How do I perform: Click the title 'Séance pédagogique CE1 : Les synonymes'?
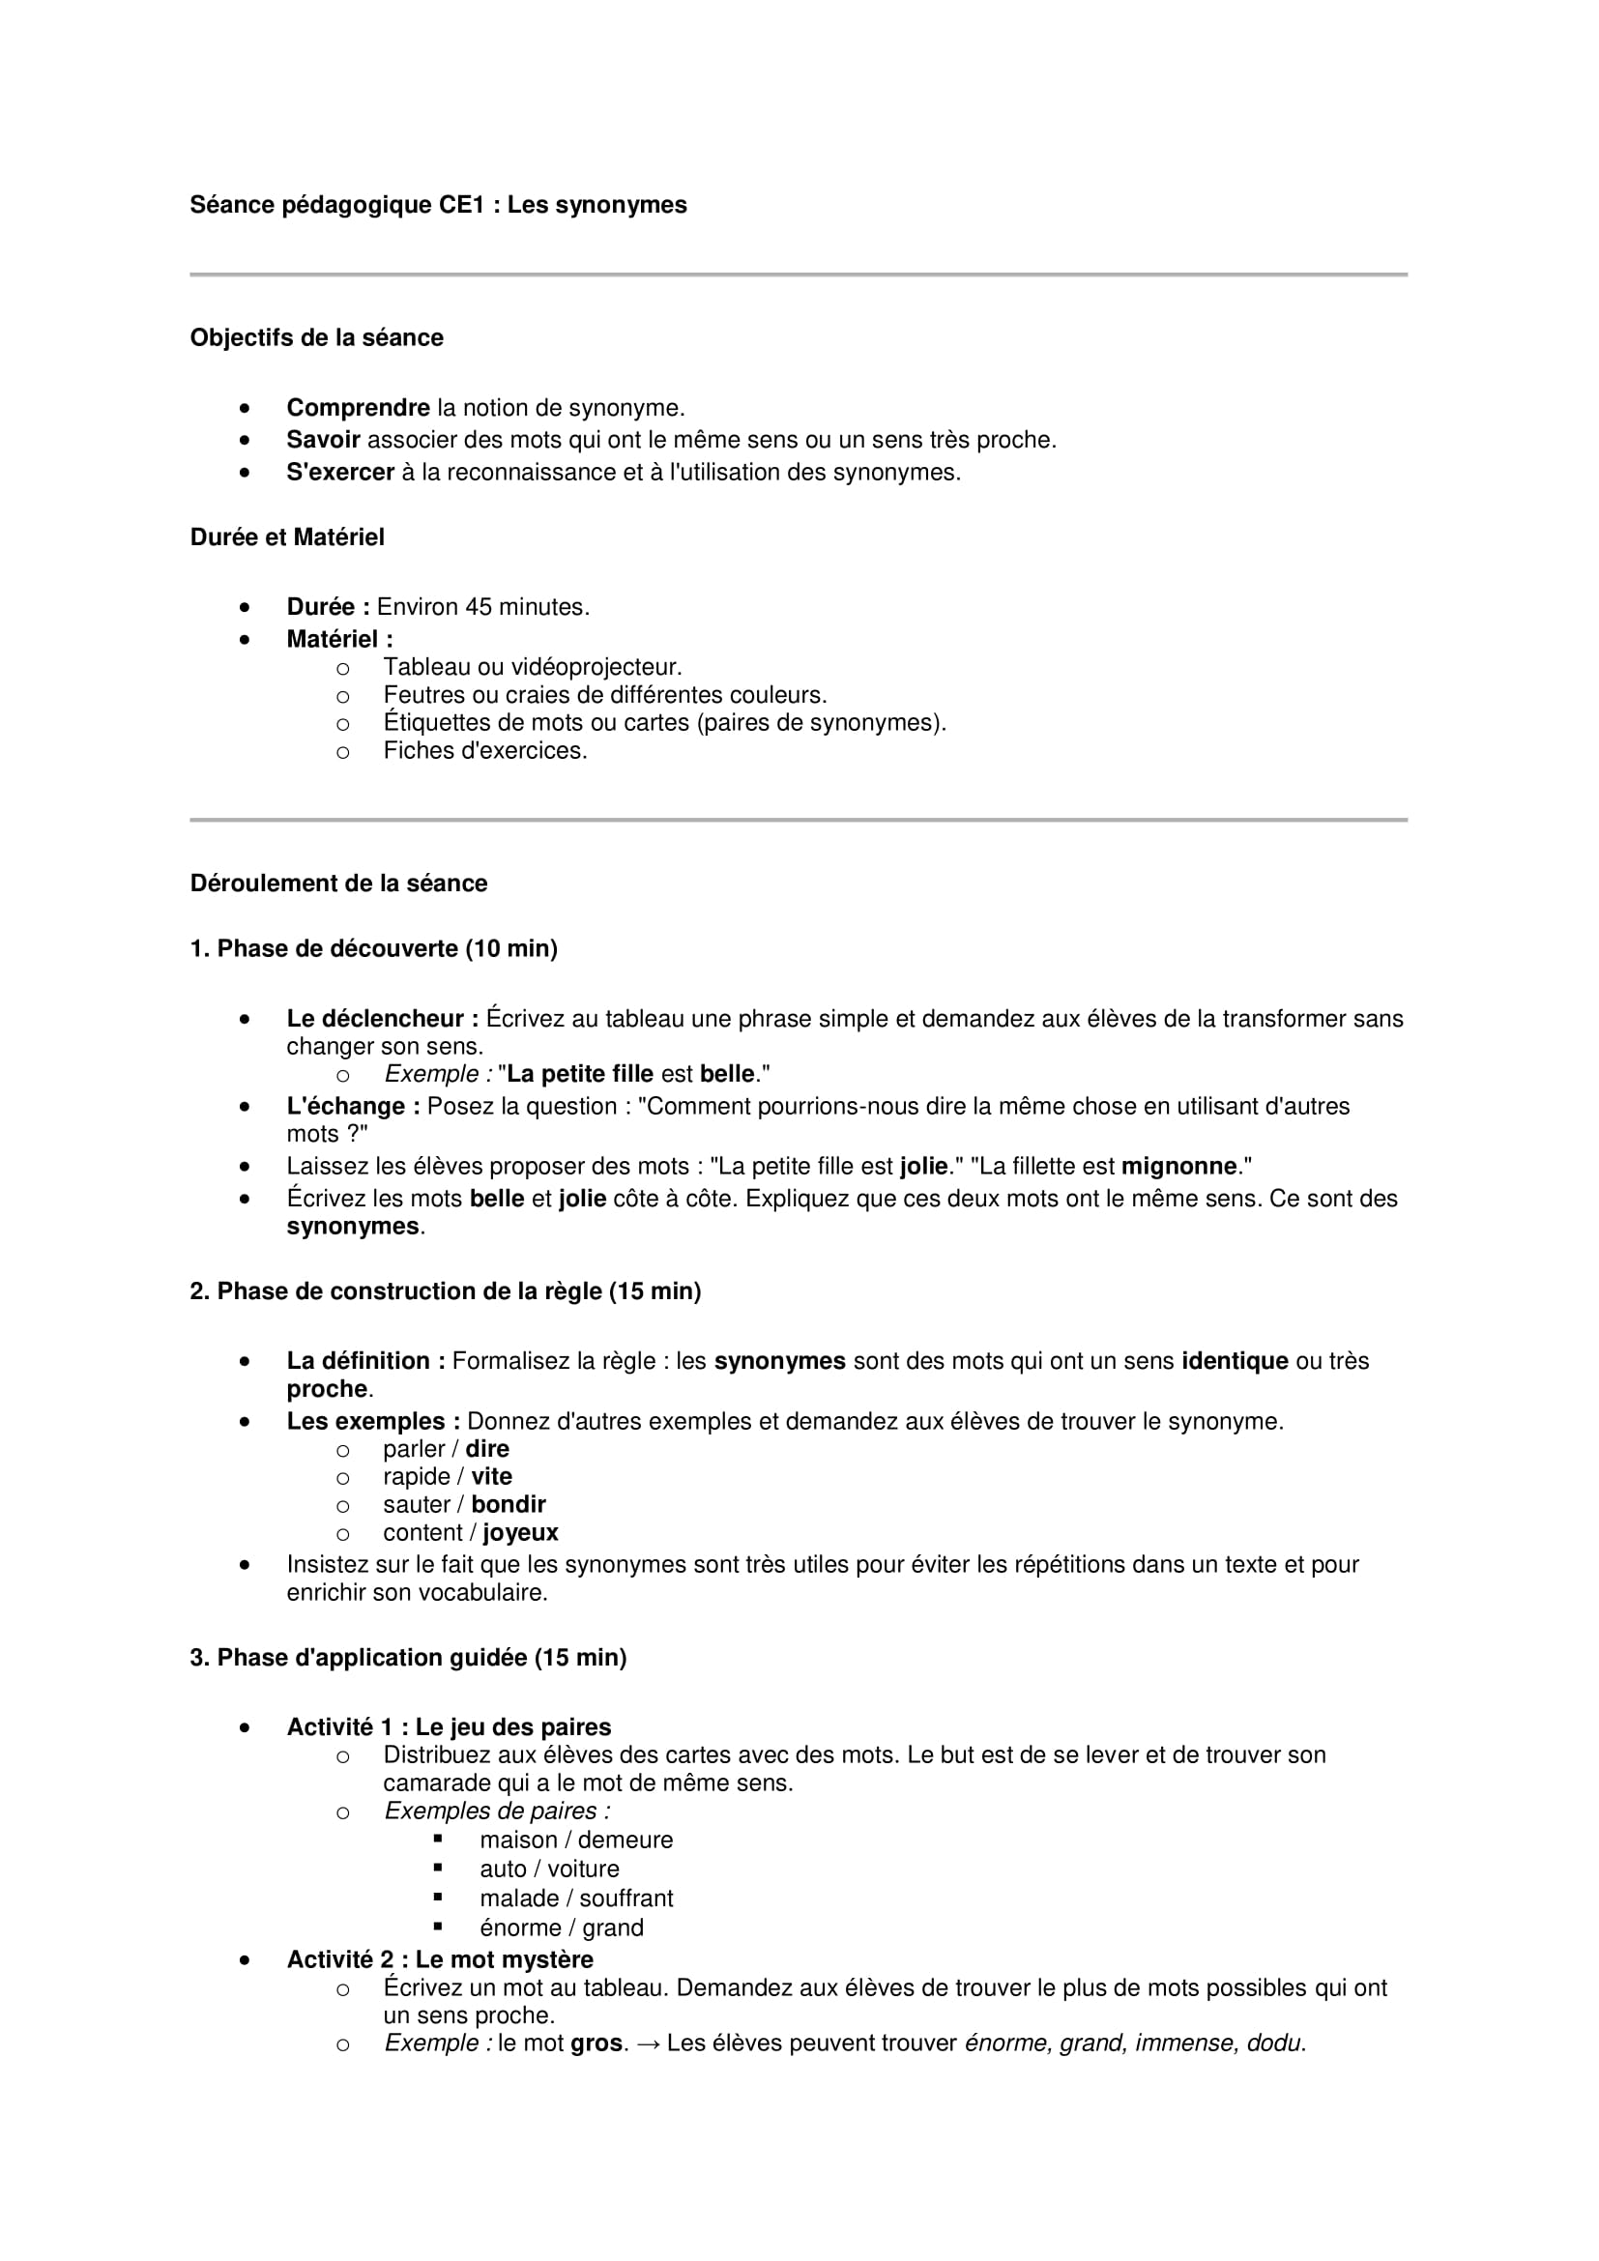click(438, 205)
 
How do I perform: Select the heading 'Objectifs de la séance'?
click(316, 337)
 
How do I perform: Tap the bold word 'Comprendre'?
click(358, 408)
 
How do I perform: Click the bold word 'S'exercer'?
click(339, 473)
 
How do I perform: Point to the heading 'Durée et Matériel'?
click(286, 537)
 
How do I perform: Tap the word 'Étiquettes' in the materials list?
click(437, 723)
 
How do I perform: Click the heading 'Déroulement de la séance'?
click(337, 884)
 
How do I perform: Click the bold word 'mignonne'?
click(1178, 1167)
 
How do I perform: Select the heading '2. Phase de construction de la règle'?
click(445, 1292)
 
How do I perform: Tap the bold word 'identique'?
click(1234, 1362)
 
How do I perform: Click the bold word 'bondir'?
click(509, 1505)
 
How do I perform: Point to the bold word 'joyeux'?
click(520, 1533)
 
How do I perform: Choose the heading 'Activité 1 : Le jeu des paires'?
click(448, 1727)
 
